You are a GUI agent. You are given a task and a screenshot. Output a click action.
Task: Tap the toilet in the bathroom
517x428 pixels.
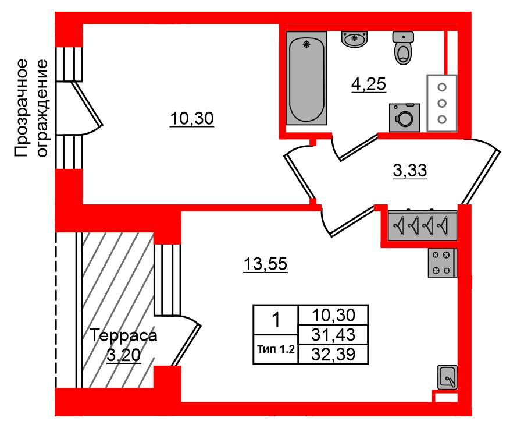pyautogui.click(x=402, y=47)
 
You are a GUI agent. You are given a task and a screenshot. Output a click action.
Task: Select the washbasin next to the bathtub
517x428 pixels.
pyautogui.click(x=354, y=40)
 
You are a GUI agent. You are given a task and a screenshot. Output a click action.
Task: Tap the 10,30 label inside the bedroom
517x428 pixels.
pyautogui.click(x=192, y=119)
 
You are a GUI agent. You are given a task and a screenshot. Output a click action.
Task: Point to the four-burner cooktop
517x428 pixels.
pyautogui.click(x=442, y=262)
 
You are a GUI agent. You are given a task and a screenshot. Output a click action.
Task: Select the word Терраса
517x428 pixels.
pyautogui.click(x=124, y=336)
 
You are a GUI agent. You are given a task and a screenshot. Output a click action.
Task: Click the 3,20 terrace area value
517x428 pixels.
pyautogui.click(x=124, y=354)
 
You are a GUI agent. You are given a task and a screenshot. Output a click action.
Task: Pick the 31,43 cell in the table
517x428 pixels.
pyautogui.click(x=333, y=334)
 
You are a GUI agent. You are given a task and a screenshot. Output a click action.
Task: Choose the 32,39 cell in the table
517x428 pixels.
pyautogui.click(x=333, y=353)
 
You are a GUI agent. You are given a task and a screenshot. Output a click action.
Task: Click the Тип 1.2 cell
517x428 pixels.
pyautogui.click(x=276, y=349)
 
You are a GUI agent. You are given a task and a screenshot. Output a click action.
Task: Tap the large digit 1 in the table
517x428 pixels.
pyautogui.click(x=276, y=320)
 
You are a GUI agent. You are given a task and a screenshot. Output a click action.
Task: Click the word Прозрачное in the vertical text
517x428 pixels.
pyautogui.click(x=22, y=108)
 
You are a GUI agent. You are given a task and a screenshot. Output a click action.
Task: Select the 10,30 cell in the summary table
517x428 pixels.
pyautogui.click(x=333, y=315)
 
